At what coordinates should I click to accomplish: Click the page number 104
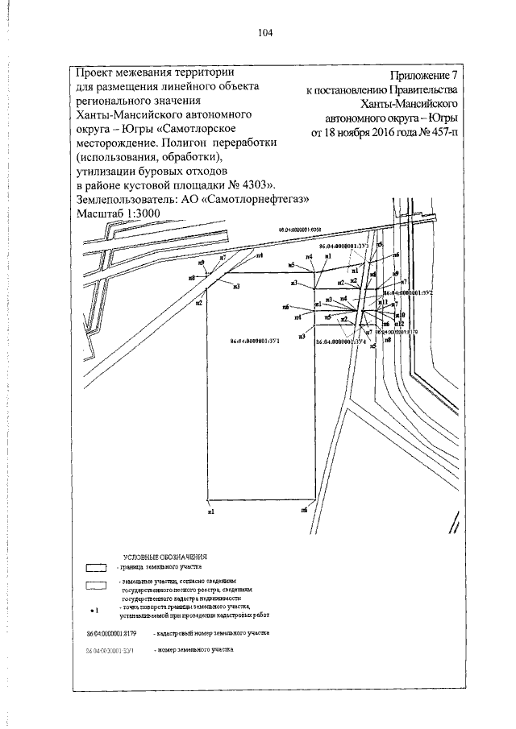[266, 32]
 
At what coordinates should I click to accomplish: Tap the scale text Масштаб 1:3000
[118, 212]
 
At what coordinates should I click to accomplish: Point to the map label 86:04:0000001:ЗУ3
[344, 245]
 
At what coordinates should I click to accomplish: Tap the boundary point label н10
[401, 315]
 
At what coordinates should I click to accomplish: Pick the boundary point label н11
[384, 303]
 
